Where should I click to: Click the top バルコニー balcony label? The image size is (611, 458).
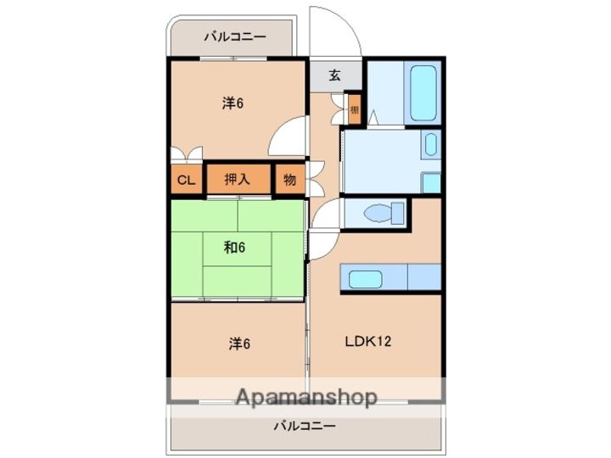[234, 37]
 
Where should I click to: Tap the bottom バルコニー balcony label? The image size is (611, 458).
[305, 426]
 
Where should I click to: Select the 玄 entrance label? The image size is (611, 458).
[334, 75]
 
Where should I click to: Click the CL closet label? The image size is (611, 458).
[186, 180]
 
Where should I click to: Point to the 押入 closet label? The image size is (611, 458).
[237, 180]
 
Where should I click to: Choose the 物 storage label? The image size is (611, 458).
[289, 180]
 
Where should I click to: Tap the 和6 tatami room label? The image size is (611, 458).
[235, 248]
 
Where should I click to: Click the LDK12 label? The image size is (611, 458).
[367, 343]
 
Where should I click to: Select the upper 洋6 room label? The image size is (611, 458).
[233, 103]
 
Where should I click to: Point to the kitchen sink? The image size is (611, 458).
[366, 278]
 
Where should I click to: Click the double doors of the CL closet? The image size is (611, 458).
[186, 154]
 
